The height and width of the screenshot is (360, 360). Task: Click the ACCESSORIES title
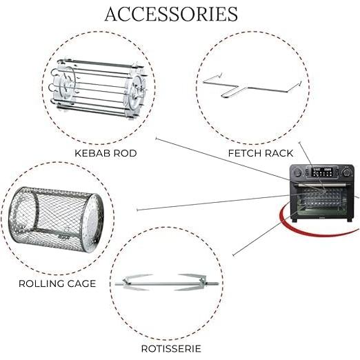(171, 14)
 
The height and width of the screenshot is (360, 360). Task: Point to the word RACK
(279, 153)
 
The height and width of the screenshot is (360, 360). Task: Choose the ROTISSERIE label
(171, 349)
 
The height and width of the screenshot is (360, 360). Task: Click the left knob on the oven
(297, 172)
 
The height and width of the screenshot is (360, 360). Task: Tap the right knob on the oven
(346, 172)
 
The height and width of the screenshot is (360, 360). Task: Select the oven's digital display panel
(322, 172)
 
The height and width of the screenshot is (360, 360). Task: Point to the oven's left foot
(294, 220)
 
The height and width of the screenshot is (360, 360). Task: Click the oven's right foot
(350, 220)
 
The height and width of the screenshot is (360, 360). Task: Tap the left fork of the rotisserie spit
(136, 282)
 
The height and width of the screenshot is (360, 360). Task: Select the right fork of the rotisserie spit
(191, 282)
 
